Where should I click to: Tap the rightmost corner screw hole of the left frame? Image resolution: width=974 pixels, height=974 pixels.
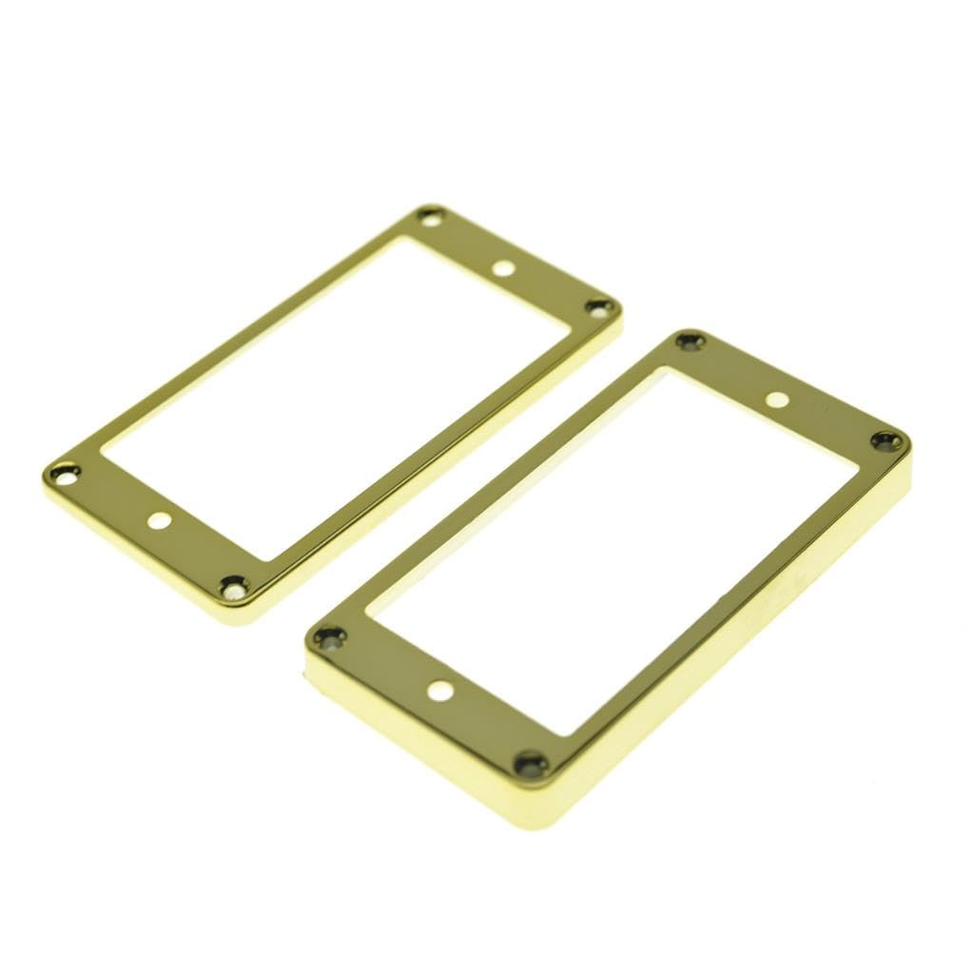tap(599, 306)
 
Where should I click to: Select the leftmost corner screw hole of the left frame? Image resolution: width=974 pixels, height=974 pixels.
tap(64, 470)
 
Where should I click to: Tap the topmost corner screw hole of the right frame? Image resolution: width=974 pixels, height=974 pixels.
tap(690, 341)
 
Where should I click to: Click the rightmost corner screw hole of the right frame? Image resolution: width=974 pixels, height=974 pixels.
tap(886, 439)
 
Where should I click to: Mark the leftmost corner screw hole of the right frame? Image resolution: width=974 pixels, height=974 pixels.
tap(328, 636)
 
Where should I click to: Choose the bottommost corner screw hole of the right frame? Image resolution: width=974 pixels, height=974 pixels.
tap(532, 762)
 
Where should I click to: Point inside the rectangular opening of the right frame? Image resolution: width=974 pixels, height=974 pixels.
tap(609, 552)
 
